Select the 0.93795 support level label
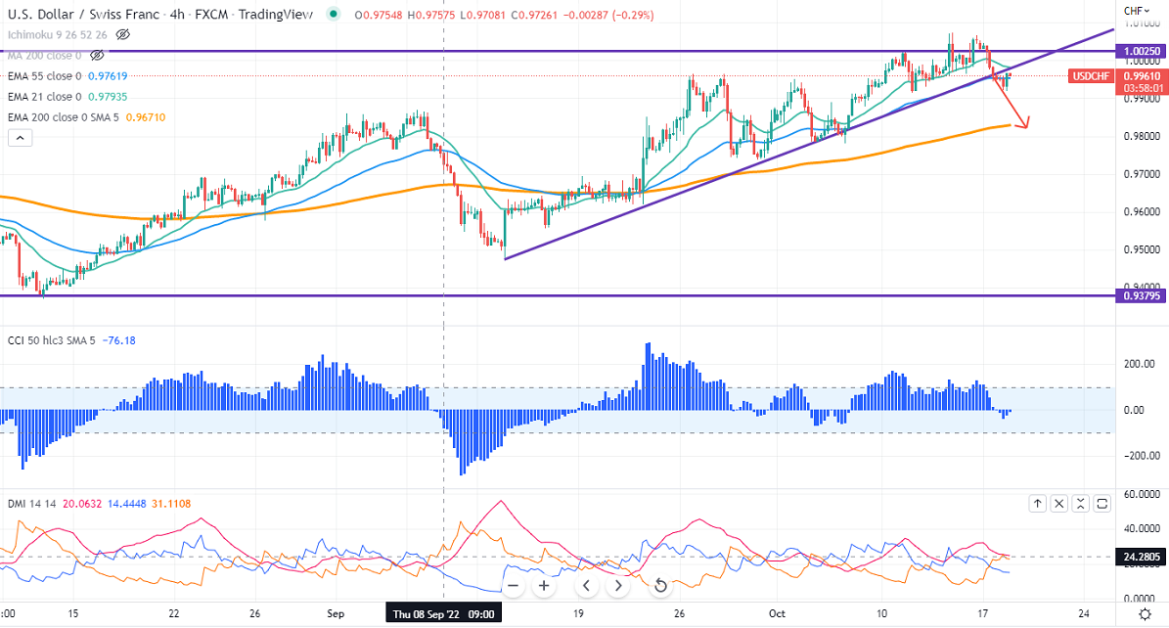tap(1143, 295)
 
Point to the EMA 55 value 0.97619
tap(108, 75)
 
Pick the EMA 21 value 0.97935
tap(108, 96)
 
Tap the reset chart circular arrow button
tap(660, 586)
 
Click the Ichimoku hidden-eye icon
tap(122, 34)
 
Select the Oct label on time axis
tap(776, 614)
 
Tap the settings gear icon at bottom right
tap(1145, 613)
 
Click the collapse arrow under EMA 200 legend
tap(20, 138)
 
